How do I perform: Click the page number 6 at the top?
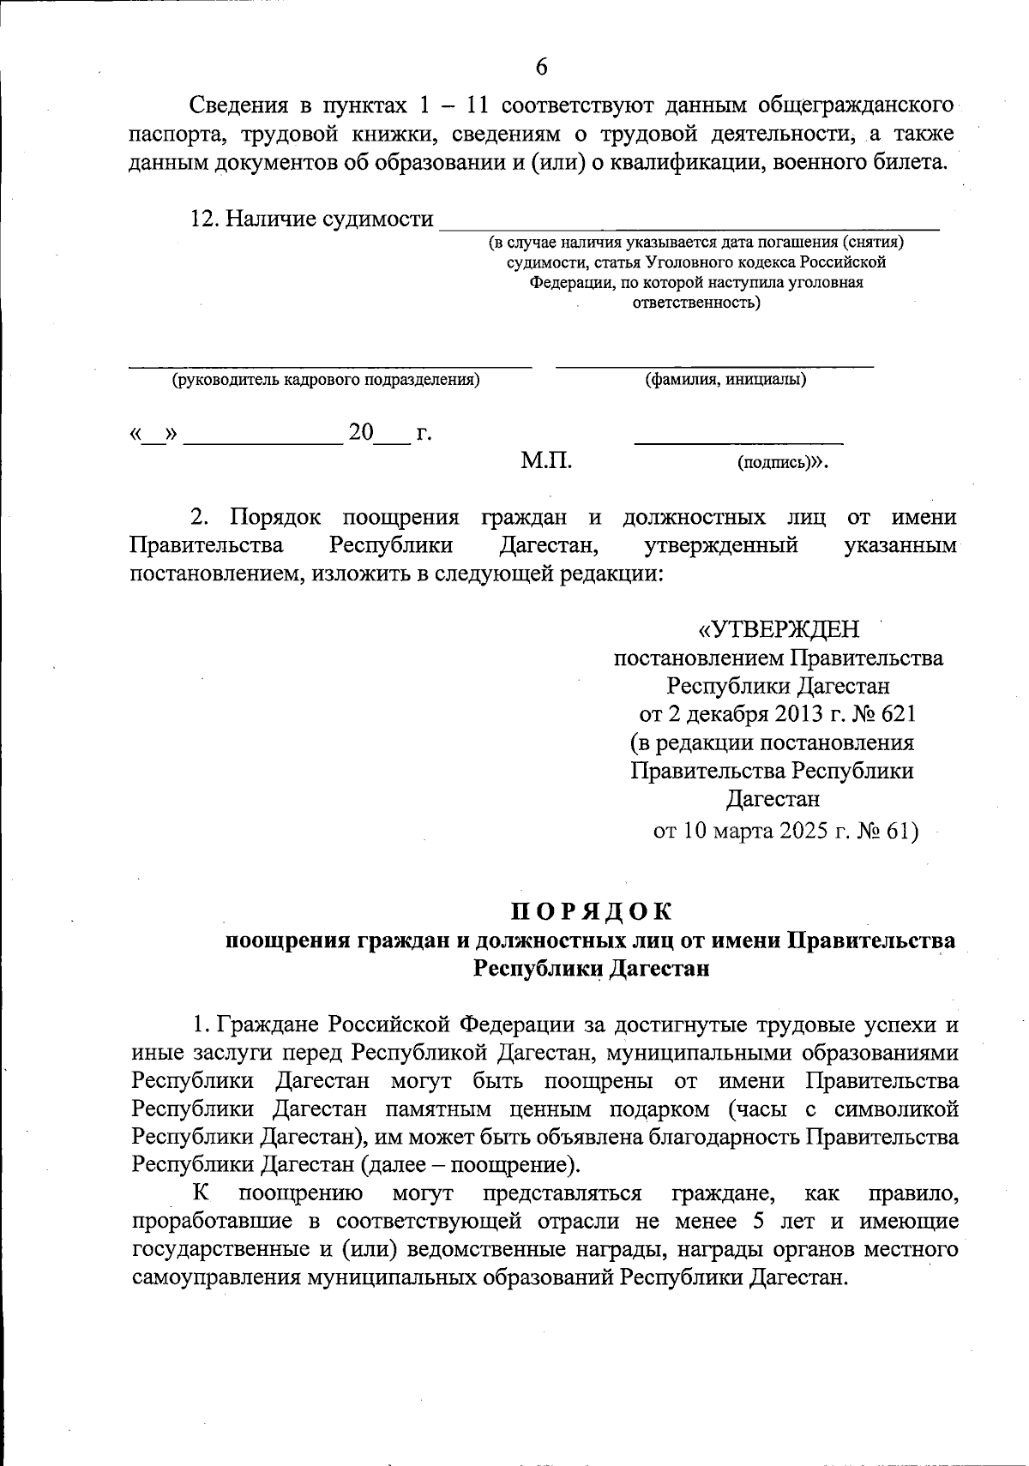click(x=540, y=66)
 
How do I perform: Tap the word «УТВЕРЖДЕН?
click(x=779, y=630)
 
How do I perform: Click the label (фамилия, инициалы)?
click(x=725, y=380)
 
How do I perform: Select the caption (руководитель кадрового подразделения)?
click(x=325, y=380)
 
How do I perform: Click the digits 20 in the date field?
click(x=361, y=433)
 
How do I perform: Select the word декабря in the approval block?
click(x=725, y=714)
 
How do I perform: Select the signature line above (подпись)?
click(x=738, y=442)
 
